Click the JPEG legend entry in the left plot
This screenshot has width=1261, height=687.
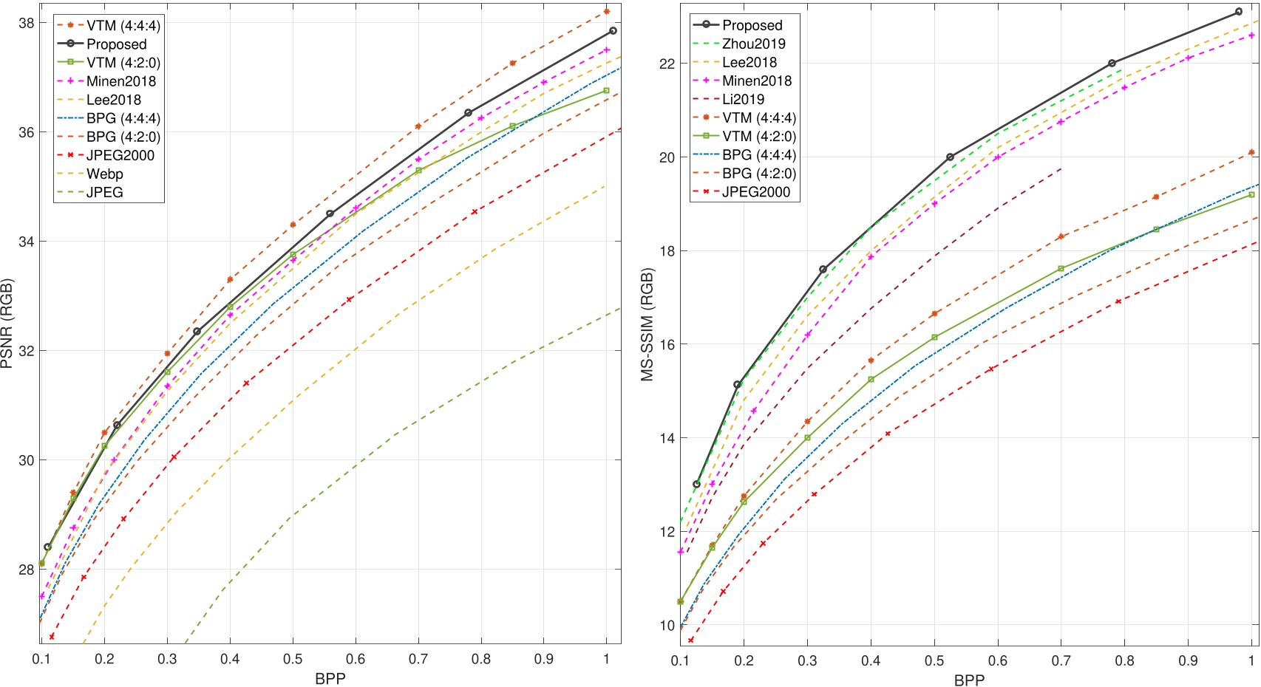pos(105,193)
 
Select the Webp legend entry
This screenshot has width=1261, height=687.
pos(105,174)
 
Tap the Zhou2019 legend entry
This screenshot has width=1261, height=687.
pos(753,44)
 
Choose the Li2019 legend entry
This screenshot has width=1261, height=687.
pos(743,99)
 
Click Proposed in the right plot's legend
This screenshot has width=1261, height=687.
pos(752,25)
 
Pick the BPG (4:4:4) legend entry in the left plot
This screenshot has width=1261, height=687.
pos(123,118)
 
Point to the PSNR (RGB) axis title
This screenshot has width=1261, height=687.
pos(8,324)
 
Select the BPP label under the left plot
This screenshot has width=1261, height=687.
pos(330,678)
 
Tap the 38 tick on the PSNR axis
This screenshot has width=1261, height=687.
pos(26,23)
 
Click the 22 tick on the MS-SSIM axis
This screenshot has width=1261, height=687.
pos(667,64)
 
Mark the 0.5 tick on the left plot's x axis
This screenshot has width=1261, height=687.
pos(293,658)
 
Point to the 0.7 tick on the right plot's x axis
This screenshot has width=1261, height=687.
pos(1061,660)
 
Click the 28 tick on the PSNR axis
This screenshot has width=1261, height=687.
pos(26,570)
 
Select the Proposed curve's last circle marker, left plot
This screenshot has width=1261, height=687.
pos(613,31)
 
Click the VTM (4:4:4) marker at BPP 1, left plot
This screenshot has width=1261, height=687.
pos(607,11)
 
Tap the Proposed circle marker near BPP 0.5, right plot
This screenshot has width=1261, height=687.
pos(951,157)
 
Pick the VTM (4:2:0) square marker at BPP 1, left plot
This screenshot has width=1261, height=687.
pos(607,91)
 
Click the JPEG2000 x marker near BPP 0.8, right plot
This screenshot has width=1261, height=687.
pos(1118,301)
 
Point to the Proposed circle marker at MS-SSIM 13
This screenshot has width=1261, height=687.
pos(696,485)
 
